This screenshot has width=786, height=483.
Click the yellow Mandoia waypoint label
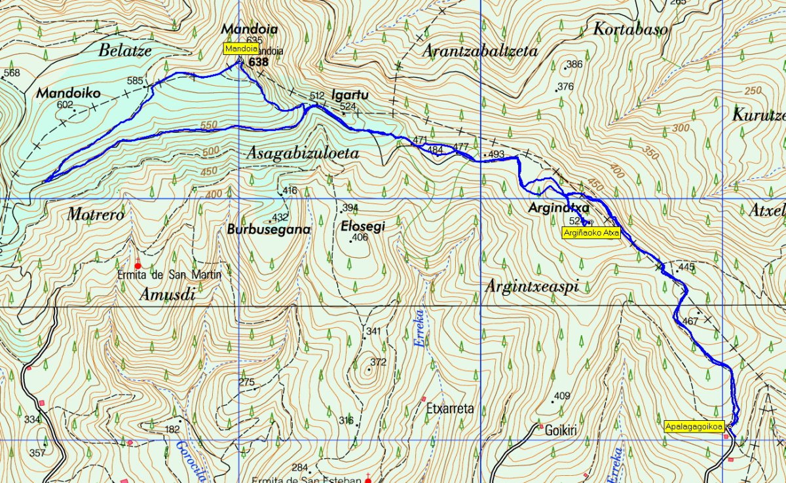click(x=241, y=48)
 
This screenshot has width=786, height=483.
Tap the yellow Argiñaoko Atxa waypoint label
click(x=591, y=232)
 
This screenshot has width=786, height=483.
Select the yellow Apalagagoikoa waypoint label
click(x=694, y=426)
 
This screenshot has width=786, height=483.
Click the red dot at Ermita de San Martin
click(x=138, y=266)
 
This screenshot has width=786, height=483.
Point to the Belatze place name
click(x=125, y=50)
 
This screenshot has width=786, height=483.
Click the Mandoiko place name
click(x=68, y=94)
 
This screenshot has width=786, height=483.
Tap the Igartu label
click(x=350, y=95)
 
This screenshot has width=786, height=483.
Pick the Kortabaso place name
click(x=630, y=29)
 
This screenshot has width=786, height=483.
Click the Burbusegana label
click(x=268, y=230)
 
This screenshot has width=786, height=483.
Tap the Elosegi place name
click(x=363, y=226)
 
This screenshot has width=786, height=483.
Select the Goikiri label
click(x=554, y=431)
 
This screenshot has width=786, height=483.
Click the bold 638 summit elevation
click(x=259, y=62)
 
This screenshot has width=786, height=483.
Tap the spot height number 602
click(x=65, y=105)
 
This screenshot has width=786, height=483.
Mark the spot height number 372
click(x=379, y=362)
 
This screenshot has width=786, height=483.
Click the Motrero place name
click(x=96, y=214)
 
